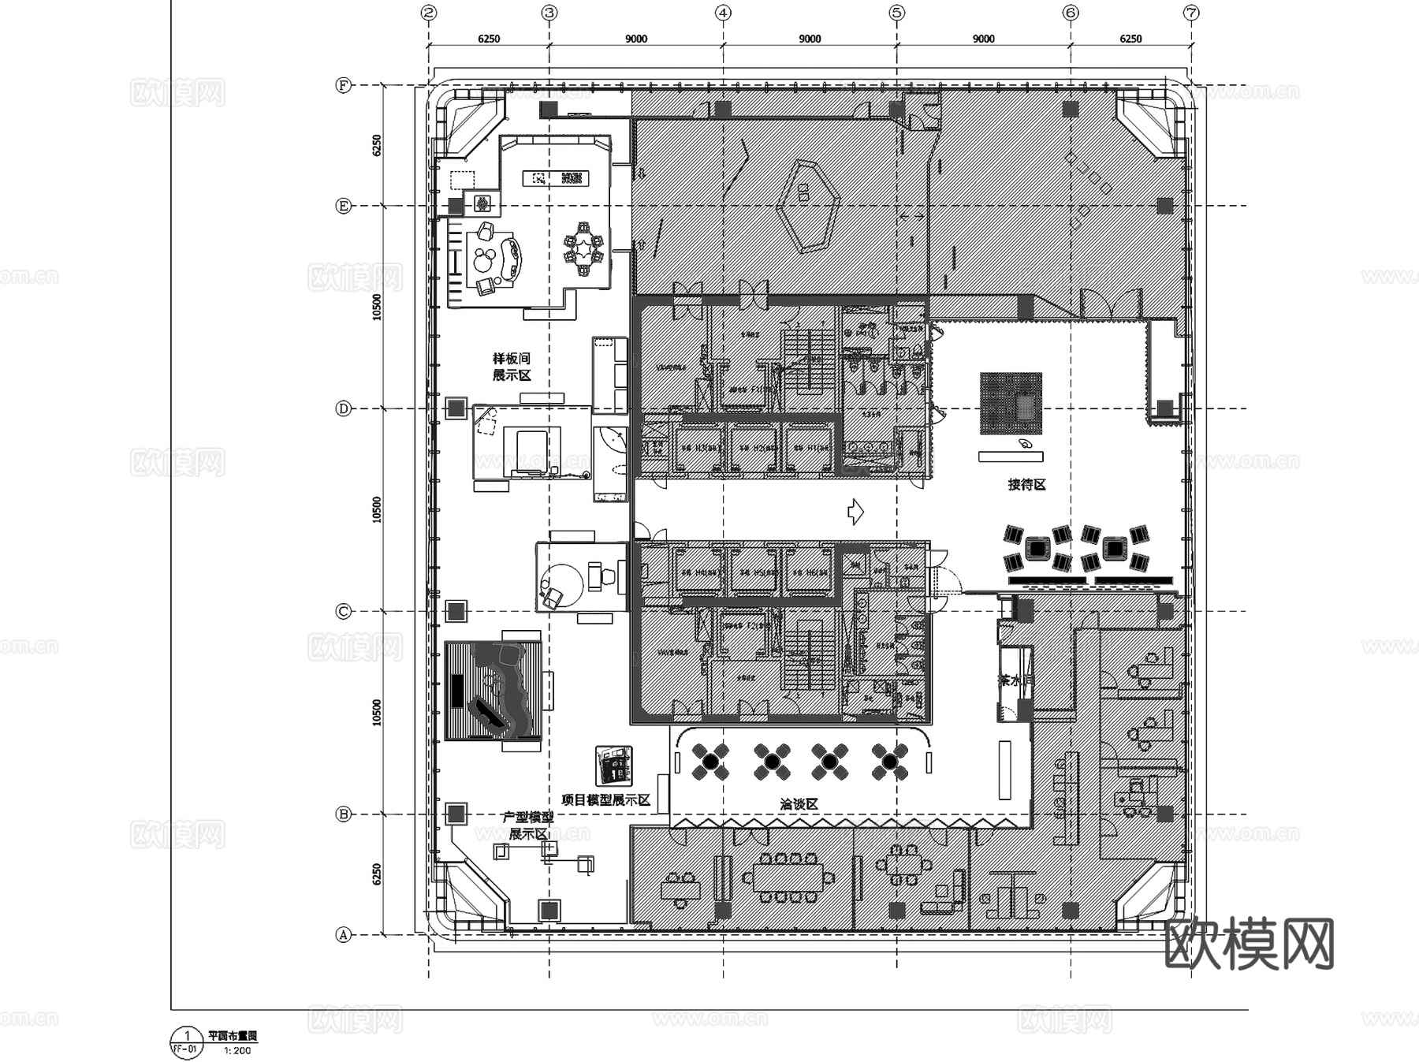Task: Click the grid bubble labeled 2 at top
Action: click(429, 13)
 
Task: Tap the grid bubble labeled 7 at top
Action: click(1191, 13)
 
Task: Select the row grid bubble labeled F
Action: click(343, 85)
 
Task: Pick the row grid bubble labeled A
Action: click(343, 935)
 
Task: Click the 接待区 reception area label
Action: click(1026, 485)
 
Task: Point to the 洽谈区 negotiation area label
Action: click(799, 804)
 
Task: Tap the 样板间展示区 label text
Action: click(512, 367)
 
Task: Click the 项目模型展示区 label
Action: click(605, 800)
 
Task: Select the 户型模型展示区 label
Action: click(528, 825)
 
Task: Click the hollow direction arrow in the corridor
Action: click(855, 512)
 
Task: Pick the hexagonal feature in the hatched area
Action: click(806, 207)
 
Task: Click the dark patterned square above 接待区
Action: click(1011, 404)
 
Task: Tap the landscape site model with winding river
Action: click(493, 691)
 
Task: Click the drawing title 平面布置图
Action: click(233, 1036)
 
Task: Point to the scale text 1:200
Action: click(237, 1050)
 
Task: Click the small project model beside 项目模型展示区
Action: click(613, 765)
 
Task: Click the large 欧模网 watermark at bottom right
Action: click(1249, 944)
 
